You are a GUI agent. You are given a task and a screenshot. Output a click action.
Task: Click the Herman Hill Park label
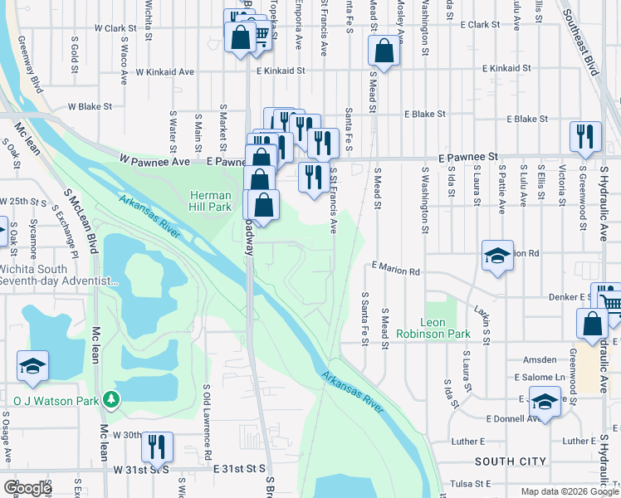tap(208, 199)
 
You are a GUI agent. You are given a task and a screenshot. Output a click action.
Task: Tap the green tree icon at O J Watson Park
tap(110, 400)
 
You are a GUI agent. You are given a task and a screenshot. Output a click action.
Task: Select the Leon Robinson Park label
tap(444, 328)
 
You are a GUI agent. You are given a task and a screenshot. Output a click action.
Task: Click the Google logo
tap(27, 488)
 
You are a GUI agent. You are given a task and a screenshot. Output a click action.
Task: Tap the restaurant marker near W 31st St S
tap(157, 447)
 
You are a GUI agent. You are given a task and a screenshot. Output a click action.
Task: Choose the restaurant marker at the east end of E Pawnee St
tap(585, 137)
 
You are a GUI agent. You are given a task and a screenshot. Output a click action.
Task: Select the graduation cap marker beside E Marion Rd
tap(497, 256)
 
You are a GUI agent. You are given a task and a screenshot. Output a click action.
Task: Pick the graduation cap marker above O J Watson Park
tap(32, 366)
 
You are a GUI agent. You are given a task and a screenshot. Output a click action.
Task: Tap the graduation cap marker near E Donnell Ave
tap(544, 403)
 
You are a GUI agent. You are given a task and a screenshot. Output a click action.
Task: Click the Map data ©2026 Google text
tap(569, 491)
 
